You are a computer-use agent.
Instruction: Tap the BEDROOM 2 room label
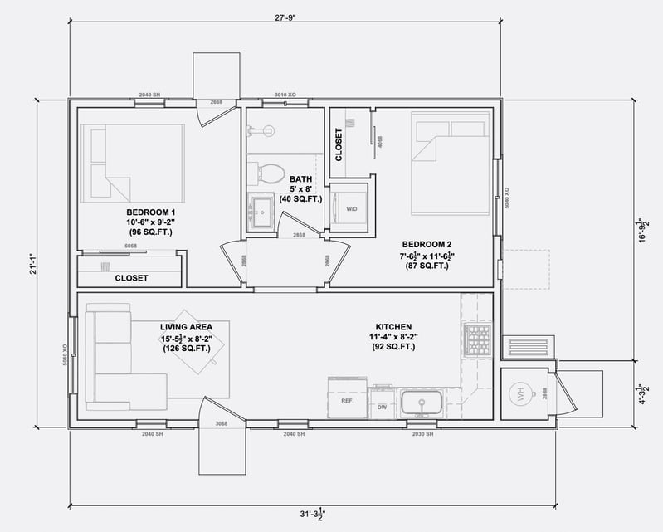(427, 243)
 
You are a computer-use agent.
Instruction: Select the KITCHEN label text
(392, 326)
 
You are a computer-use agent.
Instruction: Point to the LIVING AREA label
(186, 327)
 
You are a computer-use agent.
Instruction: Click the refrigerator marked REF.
(347, 400)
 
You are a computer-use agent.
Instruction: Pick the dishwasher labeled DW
(383, 406)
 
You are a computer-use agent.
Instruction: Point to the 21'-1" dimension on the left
(33, 264)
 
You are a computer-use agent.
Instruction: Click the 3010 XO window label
(285, 95)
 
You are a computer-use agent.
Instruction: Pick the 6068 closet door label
(131, 246)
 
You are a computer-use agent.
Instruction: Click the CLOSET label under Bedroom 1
(131, 278)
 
